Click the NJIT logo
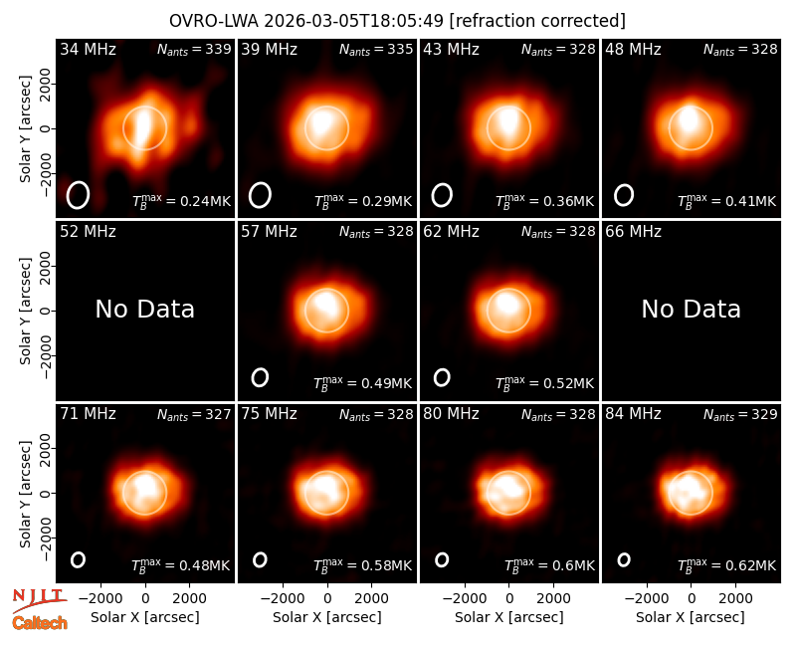tap(40, 600)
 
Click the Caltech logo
tap(40, 623)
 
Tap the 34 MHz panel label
tap(88, 49)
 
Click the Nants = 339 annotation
tap(194, 49)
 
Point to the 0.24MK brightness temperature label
tap(181, 201)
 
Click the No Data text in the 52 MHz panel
tap(144, 310)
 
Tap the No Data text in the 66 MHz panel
tap(691, 310)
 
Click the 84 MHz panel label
tap(633, 414)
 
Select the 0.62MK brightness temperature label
tap(727, 565)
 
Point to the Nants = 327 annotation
tap(194, 414)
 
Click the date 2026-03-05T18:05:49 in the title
tap(353, 21)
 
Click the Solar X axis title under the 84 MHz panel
tap(691, 617)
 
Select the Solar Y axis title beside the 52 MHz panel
tap(25, 311)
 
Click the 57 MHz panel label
tap(269, 232)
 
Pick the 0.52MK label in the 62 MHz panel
tap(544, 383)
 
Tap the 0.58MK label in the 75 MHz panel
tap(363, 565)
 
